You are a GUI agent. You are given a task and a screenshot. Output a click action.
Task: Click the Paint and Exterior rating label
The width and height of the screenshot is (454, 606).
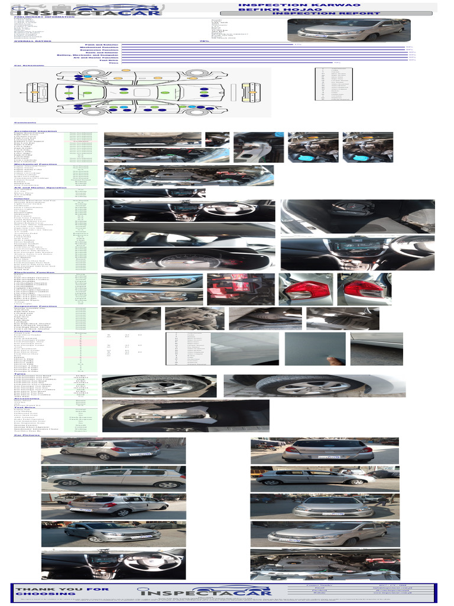click(x=100, y=44)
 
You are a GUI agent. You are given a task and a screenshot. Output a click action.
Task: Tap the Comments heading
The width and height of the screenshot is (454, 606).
click(x=24, y=123)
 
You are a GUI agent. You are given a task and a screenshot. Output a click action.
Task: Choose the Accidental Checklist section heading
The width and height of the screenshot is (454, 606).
click(x=35, y=131)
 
